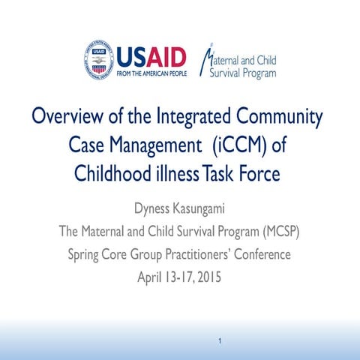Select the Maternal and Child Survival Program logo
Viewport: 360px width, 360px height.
point(238,61)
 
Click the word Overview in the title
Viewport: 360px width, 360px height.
point(64,118)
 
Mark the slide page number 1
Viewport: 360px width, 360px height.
point(219,342)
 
